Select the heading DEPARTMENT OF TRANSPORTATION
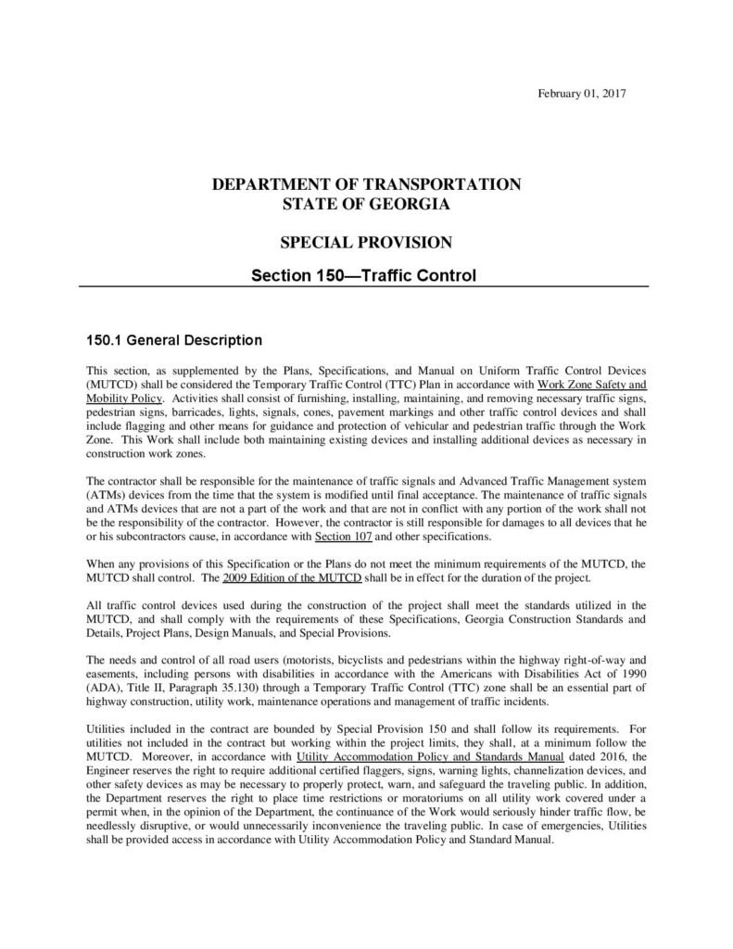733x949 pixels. [x=367, y=183]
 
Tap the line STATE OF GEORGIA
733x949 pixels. [x=367, y=203]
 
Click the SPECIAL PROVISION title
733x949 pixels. [x=367, y=243]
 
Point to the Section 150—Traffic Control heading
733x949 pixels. [x=367, y=275]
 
